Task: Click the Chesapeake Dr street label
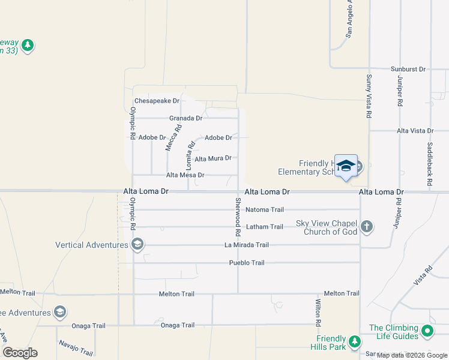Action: tap(157, 101)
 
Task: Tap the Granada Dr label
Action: tap(185, 118)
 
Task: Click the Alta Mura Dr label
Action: tap(213, 158)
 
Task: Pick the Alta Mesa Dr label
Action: tap(185, 175)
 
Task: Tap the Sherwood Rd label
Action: tap(238, 217)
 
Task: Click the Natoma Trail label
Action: tap(265, 210)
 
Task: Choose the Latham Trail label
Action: tap(265, 227)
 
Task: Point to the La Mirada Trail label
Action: tap(247, 245)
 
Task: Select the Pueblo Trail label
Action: tap(247, 263)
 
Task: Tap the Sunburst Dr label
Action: tap(408, 70)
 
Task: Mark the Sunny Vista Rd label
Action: tap(369, 96)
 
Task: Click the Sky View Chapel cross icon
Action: tap(367, 227)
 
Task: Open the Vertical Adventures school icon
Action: tap(137, 244)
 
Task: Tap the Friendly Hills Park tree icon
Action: tap(355, 341)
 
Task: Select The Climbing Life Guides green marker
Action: tap(427, 331)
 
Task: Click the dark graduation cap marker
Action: tap(346, 166)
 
